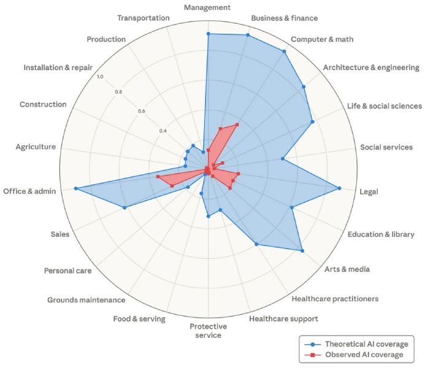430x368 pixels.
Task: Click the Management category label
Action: coord(207,7)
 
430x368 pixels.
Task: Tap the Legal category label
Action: coord(369,192)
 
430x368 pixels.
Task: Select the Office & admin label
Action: coord(29,191)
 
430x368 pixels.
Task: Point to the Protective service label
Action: coord(208,331)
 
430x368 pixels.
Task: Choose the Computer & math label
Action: coord(322,39)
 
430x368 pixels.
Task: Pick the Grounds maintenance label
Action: coord(86,300)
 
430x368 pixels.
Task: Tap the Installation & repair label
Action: coord(58,67)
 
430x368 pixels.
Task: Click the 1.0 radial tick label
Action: coord(101,77)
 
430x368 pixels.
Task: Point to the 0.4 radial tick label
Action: coord(163,131)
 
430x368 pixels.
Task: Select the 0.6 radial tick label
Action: coord(141,111)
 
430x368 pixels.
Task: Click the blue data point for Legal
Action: coord(339,188)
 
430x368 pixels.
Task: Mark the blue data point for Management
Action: coord(208,34)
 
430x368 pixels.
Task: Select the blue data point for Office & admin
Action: coord(76,188)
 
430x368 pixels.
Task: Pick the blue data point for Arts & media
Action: coord(302,250)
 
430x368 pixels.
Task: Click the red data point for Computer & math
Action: coord(237,125)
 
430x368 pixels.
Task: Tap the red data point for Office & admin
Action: coord(158,177)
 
